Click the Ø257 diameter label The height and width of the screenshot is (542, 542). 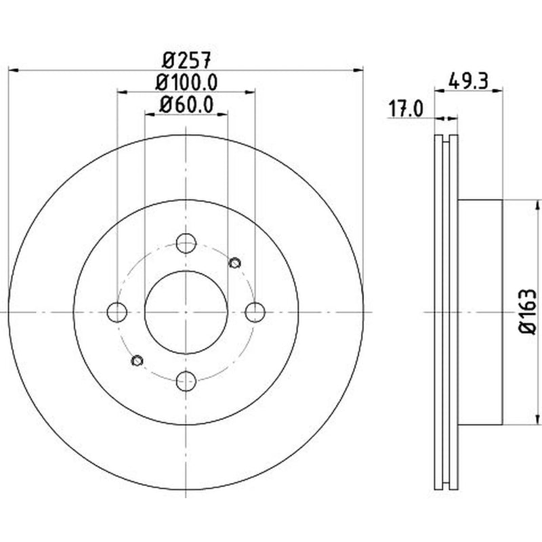pos(186,60)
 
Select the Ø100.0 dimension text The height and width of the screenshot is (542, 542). pos(186,82)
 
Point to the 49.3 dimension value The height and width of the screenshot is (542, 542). pos(468,81)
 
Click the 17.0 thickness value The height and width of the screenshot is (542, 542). pos(406,108)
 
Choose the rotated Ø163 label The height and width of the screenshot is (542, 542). pos(528,312)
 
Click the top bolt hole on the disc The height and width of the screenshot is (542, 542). pos(186,243)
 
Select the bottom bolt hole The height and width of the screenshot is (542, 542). pos(186,381)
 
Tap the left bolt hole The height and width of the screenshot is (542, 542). pos(117,312)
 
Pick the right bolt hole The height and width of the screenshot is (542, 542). pos(255,312)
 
